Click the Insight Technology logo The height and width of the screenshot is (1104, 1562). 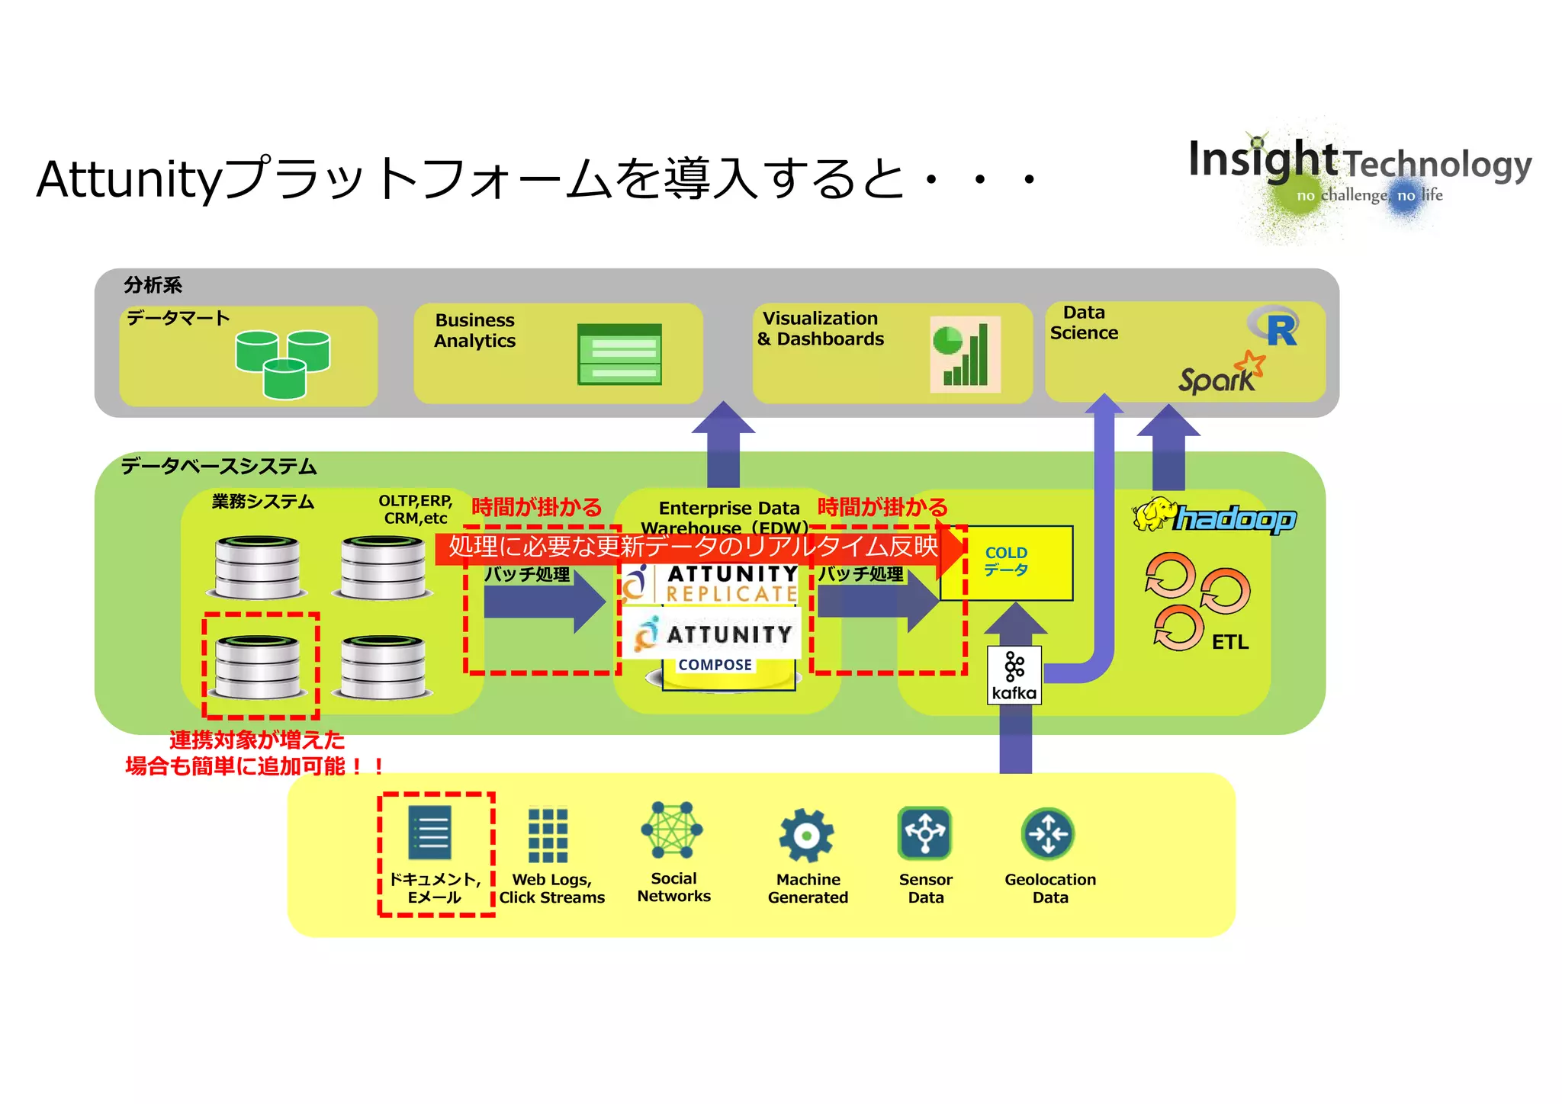click(x=1360, y=172)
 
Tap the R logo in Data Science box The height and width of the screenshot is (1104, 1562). click(x=1275, y=328)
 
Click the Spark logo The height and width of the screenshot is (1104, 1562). click(x=1221, y=374)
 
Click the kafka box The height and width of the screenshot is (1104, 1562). click(x=1014, y=675)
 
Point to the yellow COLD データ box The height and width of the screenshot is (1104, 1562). click(x=1007, y=563)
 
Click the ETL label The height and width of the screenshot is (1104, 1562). click(x=1229, y=642)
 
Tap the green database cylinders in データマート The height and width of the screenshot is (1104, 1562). click(x=283, y=364)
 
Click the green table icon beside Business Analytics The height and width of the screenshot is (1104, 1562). click(x=619, y=355)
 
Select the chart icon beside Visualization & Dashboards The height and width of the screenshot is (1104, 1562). click(x=965, y=355)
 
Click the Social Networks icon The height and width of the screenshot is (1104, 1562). click(x=672, y=830)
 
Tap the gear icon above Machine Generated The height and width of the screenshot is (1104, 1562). click(x=806, y=836)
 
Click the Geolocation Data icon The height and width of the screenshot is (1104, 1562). click(x=1048, y=833)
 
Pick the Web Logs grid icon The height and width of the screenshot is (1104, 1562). click(x=548, y=836)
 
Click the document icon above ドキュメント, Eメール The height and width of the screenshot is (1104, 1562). click(x=430, y=833)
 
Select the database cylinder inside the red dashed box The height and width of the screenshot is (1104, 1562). click(x=259, y=666)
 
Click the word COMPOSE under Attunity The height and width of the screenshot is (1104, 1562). click(x=715, y=665)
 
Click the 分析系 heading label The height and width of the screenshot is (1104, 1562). click(x=153, y=285)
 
